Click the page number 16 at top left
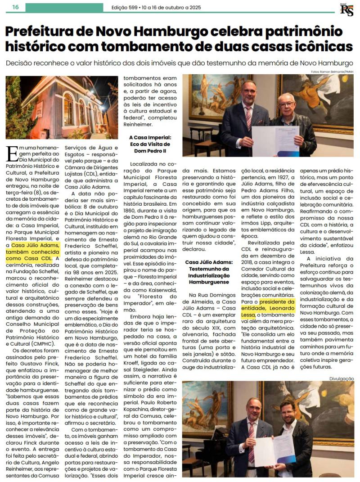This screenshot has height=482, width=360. click(x=15, y=7)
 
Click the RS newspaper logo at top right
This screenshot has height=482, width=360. click(x=346, y=9)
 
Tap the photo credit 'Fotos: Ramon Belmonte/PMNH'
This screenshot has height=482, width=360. click(x=332, y=72)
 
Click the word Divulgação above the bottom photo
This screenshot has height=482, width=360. click(x=341, y=378)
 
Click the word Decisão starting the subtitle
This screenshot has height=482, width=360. click(x=22, y=63)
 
